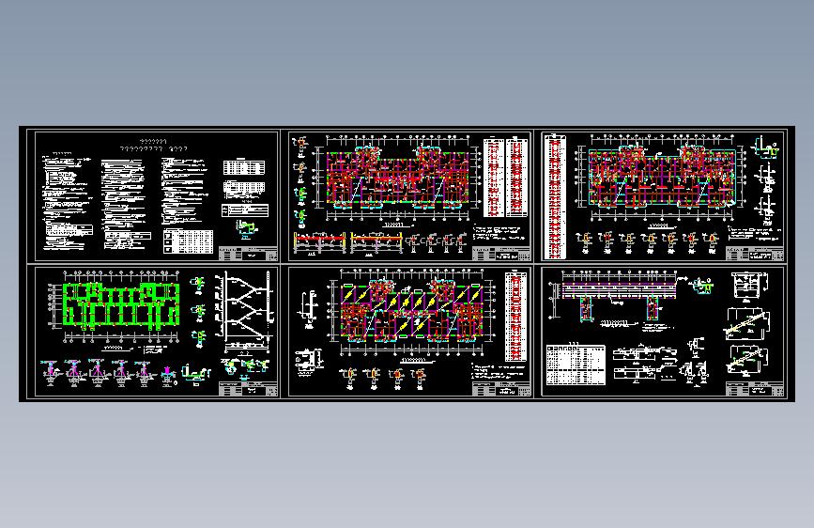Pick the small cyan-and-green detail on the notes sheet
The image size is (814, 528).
247,227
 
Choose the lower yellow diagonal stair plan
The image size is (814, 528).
749,358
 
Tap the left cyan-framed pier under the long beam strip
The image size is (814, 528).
589,307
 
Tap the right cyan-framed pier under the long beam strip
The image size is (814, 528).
653,307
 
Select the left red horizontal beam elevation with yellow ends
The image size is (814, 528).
320,243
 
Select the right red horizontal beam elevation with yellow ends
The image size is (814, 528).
376,243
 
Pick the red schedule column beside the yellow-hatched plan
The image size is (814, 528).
515,316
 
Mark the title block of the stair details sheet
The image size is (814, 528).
756,389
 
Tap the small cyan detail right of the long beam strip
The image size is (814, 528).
702,284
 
